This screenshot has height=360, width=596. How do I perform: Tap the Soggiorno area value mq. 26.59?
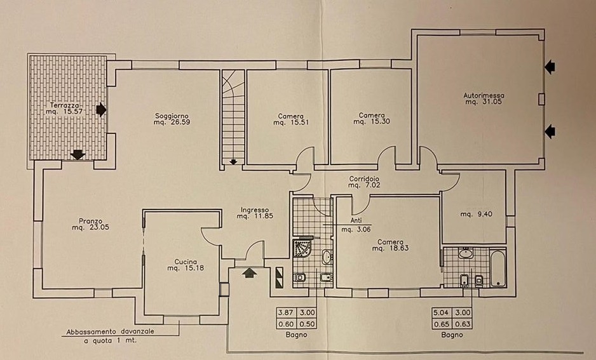172,123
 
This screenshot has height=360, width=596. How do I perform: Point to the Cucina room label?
186,262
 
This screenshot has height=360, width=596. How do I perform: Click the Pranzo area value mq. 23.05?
90,227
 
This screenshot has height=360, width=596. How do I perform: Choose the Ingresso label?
255,210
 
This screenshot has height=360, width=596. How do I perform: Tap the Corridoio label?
364,179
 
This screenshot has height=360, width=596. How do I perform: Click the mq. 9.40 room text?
477,214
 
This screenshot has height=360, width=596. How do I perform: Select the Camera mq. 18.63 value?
390,248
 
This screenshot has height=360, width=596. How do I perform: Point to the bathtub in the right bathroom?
498,268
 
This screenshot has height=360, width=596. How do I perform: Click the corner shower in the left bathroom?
302,248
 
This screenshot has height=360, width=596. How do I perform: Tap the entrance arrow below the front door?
249,272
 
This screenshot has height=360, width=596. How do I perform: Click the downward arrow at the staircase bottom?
233,162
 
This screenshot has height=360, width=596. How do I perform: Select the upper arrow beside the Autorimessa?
550,67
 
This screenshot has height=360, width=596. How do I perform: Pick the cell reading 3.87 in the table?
286,313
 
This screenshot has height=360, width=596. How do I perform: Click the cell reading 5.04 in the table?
441,313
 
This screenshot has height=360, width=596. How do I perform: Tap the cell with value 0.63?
463,324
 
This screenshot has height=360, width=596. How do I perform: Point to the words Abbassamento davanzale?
110,331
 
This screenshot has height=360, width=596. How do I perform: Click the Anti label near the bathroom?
356,220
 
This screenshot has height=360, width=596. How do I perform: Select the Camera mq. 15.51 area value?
291,123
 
